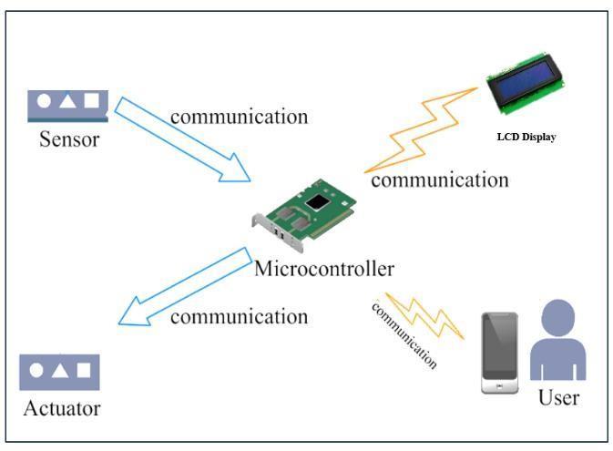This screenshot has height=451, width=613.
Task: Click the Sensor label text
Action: [x=68, y=140]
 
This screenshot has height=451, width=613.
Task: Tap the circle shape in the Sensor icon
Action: [x=44, y=101]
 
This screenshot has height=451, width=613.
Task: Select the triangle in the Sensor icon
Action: [x=67, y=101]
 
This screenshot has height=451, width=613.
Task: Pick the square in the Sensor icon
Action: [x=92, y=101]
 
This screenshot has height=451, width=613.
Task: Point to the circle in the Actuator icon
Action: [x=36, y=371]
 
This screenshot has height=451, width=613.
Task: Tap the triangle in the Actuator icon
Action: [x=60, y=371]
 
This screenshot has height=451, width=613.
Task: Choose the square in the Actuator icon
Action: [x=84, y=370]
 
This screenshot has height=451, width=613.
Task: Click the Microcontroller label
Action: [x=324, y=269]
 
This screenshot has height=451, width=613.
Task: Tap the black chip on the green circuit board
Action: [x=316, y=201]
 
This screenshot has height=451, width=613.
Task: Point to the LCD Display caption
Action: [x=526, y=138]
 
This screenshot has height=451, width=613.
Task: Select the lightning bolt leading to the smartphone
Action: [x=424, y=315]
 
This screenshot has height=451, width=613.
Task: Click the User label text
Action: [x=558, y=398]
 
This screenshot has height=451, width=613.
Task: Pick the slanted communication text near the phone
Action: [x=404, y=334]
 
